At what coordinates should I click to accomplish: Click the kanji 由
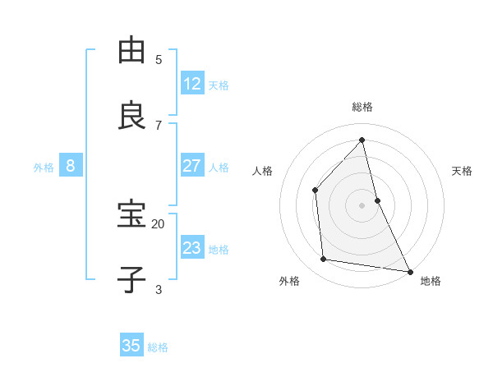[132, 50]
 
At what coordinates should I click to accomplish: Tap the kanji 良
[132, 115]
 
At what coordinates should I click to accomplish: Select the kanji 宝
[132, 214]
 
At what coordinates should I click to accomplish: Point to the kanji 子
[132, 279]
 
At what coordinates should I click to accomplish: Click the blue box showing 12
[192, 84]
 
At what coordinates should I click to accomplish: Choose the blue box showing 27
[192, 166]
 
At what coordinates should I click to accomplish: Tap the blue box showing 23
[192, 248]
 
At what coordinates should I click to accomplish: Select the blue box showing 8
[71, 166]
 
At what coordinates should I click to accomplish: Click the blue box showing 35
[131, 346]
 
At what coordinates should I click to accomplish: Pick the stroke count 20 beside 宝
[158, 223]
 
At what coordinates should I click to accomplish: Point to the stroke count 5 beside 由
[159, 59]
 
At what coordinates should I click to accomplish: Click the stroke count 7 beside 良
[159, 125]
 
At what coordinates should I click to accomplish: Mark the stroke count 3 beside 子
[159, 289]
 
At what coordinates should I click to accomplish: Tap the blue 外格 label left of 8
[44, 168]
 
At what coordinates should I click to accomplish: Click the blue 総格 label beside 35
[158, 347]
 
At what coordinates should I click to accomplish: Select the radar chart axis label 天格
[462, 171]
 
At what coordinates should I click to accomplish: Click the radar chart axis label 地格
[431, 281]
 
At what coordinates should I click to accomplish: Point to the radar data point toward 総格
[362, 140]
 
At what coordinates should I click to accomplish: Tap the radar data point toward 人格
[316, 190]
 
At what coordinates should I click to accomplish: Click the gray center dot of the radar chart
[362, 204]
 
